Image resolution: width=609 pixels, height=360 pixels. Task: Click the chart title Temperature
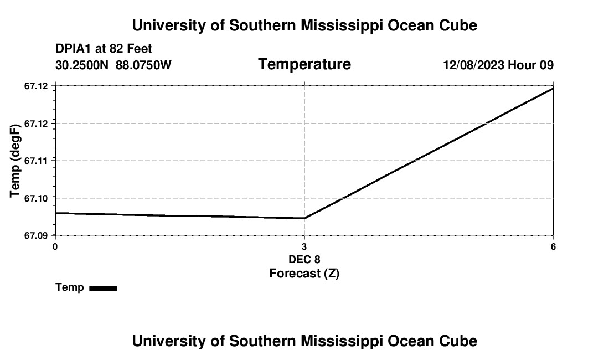pos(304,64)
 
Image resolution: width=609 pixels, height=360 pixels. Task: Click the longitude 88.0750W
pos(143,65)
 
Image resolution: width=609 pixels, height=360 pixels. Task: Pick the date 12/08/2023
pos(473,65)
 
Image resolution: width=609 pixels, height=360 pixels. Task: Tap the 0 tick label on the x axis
pos(55,246)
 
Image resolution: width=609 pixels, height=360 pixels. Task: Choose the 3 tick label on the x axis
pos(304,246)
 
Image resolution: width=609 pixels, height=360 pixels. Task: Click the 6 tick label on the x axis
pos(553,246)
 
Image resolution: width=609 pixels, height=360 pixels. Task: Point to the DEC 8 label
pos(304,259)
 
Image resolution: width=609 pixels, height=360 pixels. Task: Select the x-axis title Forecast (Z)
pos(304,273)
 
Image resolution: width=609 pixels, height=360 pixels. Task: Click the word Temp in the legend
pos(70,287)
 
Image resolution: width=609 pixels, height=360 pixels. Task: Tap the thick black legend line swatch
pos(103,288)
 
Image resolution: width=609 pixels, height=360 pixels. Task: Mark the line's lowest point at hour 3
pos(304,218)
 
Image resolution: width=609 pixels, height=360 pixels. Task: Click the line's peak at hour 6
pos(553,88)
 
